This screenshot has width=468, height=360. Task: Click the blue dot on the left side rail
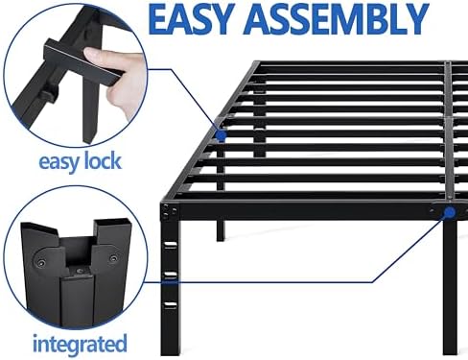point(222,136)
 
